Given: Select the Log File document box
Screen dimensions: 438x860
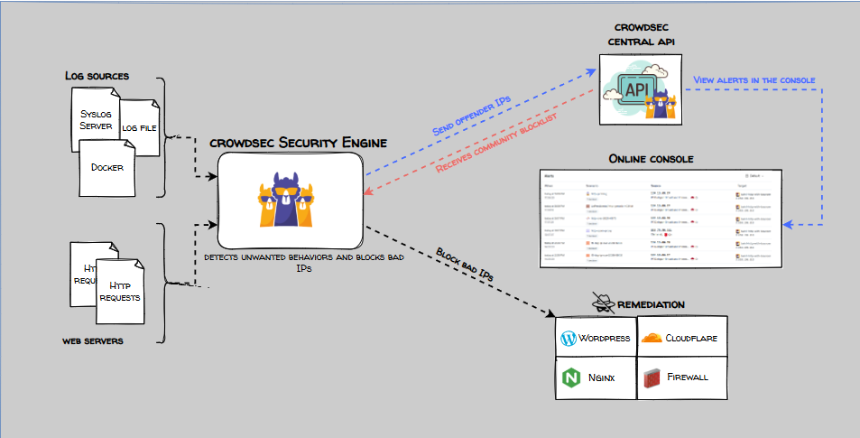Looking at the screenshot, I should (x=140, y=127).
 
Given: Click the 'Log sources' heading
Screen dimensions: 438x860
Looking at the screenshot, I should (x=97, y=75).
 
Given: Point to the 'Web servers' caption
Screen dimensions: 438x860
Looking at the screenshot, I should (x=93, y=341).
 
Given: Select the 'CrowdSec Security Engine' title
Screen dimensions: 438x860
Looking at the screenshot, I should (x=298, y=143).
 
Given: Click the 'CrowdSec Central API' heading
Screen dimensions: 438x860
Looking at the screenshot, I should (x=643, y=34).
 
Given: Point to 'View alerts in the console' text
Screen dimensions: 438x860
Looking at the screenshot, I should (x=754, y=80).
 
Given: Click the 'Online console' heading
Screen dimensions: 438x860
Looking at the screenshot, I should (x=651, y=159).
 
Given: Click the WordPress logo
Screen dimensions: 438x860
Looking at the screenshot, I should (x=569, y=339).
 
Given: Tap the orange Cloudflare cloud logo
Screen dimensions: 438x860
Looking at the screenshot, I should (x=651, y=339).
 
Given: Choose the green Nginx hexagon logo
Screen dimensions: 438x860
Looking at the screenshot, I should (x=570, y=378).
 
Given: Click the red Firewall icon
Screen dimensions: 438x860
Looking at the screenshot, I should (x=651, y=378).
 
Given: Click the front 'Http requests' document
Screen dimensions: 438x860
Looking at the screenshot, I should (x=120, y=291).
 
